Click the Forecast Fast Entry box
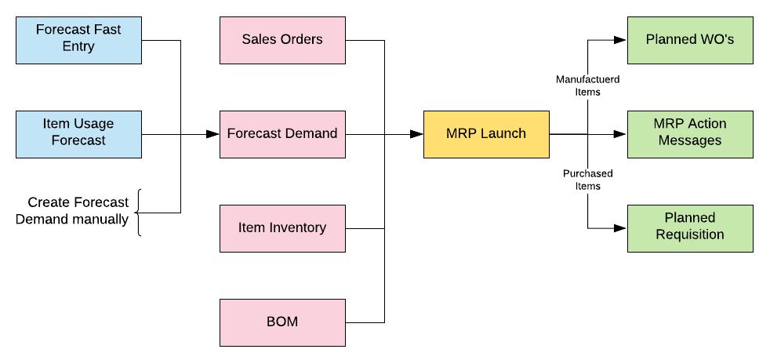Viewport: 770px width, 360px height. coord(78,40)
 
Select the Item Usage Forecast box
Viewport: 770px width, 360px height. coord(78,134)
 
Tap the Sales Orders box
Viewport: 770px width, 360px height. coord(282,40)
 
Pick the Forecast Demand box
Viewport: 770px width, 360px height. coord(282,134)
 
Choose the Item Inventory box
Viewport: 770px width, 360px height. coord(282,228)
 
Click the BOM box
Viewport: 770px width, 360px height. coord(282,322)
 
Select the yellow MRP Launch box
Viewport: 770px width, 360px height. coord(486,134)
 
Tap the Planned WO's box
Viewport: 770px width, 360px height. coord(690,40)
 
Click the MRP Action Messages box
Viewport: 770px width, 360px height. coord(690,134)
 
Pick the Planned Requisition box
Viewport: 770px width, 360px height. coord(690,228)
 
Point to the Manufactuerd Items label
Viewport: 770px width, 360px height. coord(588,85)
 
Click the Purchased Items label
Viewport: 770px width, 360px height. coord(588,180)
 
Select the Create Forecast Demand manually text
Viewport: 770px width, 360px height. coord(72,211)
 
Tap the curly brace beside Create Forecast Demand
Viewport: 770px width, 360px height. coord(139,213)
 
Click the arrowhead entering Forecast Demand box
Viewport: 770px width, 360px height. coord(212,134)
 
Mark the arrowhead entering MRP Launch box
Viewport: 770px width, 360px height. coord(416,134)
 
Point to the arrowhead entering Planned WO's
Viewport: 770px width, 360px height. coord(620,40)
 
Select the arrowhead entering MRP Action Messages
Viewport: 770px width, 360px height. coord(620,134)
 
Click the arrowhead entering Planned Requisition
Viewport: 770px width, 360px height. coord(620,228)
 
